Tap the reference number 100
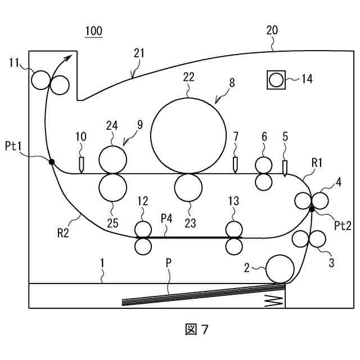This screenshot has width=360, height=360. pyautogui.click(x=93, y=31)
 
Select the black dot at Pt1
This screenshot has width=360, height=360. pyautogui.click(x=51, y=162)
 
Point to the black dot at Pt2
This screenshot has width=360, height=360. pyautogui.click(x=312, y=209)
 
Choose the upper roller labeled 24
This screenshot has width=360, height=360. pyautogui.click(x=112, y=160)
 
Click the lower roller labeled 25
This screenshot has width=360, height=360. pyautogui.click(x=112, y=188)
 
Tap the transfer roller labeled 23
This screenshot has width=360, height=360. pyautogui.click(x=188, y=188)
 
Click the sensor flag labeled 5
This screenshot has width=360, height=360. pyautogui.click(x=285, y=168)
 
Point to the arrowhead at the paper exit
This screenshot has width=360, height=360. pyautogui.click(x=71, y=56)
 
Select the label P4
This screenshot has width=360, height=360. pyautogui.click(x=166, y=217)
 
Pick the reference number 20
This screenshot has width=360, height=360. pyautogui.click(x=272, y=31)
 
